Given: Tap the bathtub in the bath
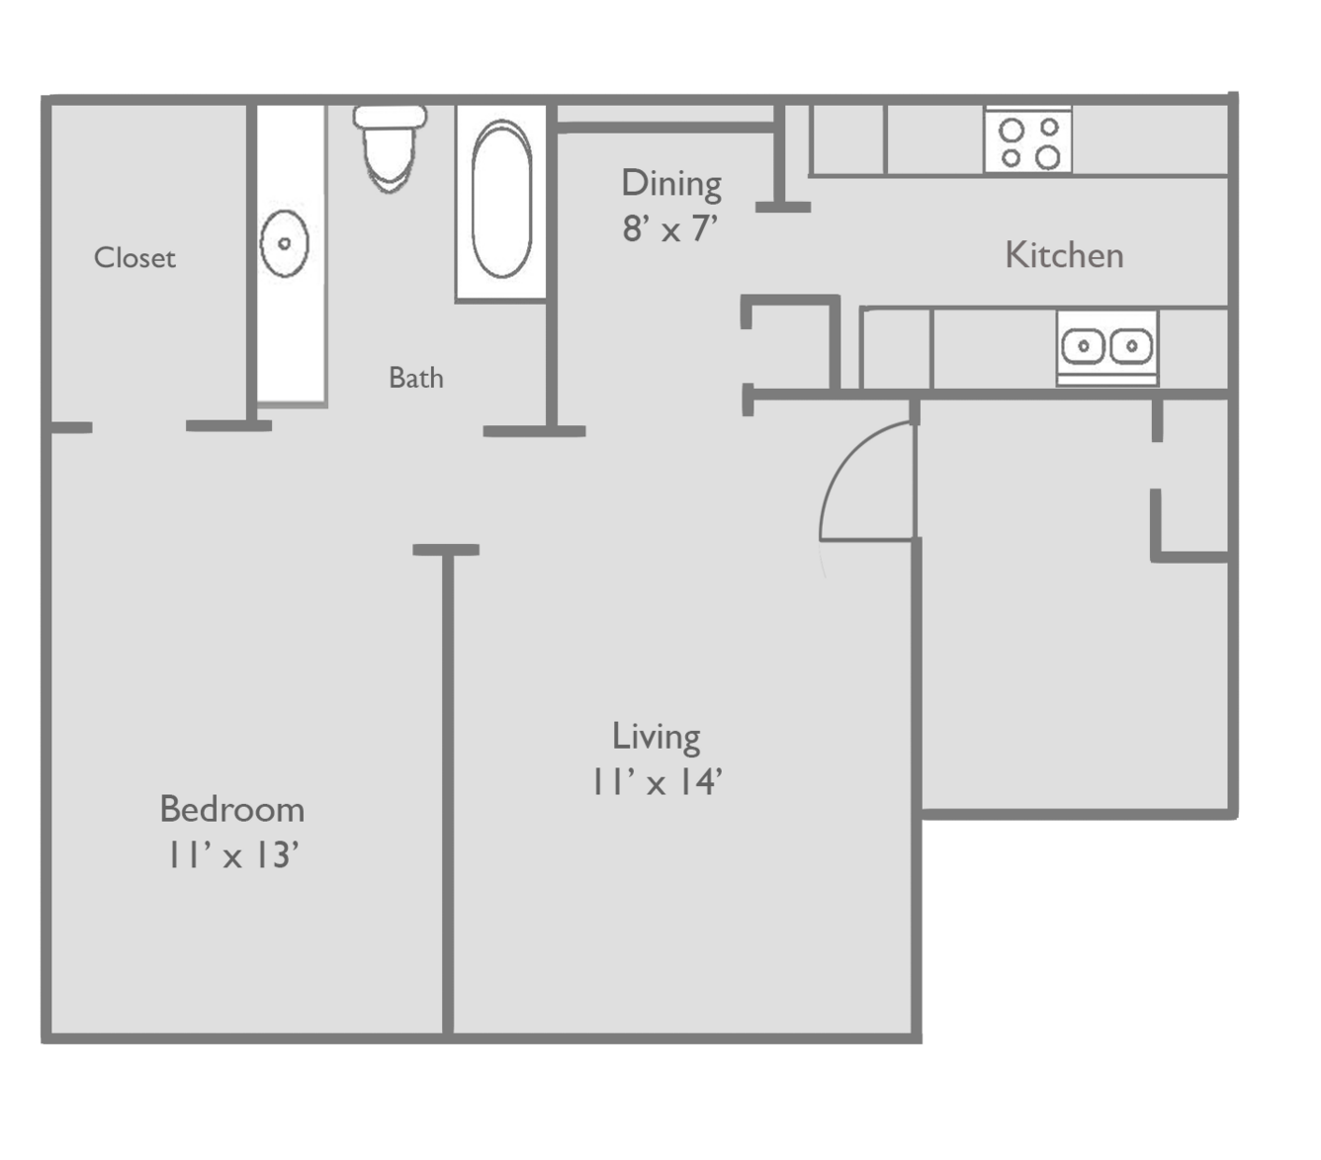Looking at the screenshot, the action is [x=500, y=201].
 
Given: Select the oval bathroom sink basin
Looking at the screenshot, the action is [x=285, y=244].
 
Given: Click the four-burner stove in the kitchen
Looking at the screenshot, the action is [x=1027, y=139].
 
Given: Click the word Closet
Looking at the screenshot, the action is [x=135, y=257].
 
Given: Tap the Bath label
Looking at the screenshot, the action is [x=416, y=378].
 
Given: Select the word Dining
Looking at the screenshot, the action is [x=671, y=184].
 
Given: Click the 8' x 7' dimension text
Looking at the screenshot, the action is [x=670, y=228].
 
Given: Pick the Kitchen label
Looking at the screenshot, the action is [x=1064, y=255].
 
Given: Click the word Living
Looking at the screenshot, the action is [x=656, y=738].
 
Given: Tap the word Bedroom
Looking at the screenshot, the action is [x=232, y=809].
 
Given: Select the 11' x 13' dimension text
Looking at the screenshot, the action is [x=232, y=854].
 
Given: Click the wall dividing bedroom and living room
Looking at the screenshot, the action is [x=447, y=791].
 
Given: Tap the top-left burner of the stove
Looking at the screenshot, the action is [x=1012, y=130].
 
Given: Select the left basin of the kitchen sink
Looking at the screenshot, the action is [x=1083, y=345].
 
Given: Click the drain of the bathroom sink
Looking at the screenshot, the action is [x=285, y=244].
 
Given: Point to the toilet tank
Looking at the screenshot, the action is [x=390, y=116].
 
